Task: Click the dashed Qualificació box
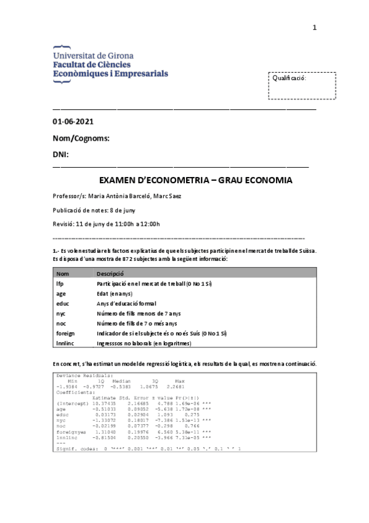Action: click(x=302, y=85)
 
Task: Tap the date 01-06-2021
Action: click(x=73, y=121)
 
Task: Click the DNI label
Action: click(x=60, y=154)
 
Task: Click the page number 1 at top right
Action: click(x=314, y=28)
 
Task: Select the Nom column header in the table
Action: click(x=62, y=274)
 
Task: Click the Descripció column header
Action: click(x=110, y=274)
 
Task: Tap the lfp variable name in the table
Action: click(x=60, y=284)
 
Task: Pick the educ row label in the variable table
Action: click(x=62, y=303)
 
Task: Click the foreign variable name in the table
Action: click(x=65, y=333)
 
